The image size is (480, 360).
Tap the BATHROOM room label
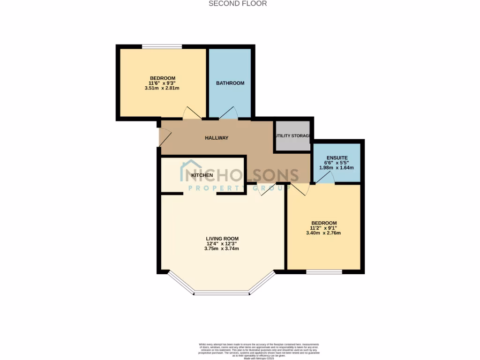[230, 83]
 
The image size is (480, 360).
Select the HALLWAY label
[217, 138]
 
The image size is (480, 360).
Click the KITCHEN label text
[202, 175]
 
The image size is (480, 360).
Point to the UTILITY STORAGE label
[293, 136]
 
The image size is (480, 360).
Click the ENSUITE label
[337, 158]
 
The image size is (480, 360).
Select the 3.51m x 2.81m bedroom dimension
[162, 88]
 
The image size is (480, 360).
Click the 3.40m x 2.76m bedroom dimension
[323, 233]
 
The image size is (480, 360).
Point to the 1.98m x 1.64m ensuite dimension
[337, 168]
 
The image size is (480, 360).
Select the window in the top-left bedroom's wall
[162, 46]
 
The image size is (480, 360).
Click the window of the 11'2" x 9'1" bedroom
[324, 272]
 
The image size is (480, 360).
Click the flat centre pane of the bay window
[221, 293]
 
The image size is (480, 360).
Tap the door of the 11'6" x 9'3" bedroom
[192, 113]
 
